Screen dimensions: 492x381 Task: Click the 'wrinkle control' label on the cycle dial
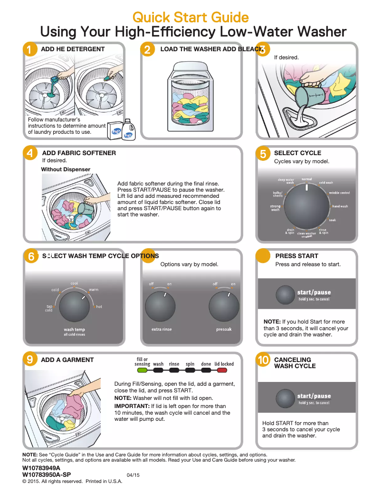339,193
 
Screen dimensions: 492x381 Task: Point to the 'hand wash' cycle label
340,206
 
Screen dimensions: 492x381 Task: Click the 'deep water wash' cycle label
286,181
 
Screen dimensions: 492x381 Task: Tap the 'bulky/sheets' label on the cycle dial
277,194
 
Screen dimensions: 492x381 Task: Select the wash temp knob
74,306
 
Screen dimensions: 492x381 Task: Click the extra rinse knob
161,306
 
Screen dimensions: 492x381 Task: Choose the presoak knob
224,306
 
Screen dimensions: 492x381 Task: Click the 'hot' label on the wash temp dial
99,307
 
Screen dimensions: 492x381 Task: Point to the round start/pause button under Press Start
286,295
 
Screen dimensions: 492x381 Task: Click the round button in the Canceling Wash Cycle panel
286,399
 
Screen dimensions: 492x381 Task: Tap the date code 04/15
133,475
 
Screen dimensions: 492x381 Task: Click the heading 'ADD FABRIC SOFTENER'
79,153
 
